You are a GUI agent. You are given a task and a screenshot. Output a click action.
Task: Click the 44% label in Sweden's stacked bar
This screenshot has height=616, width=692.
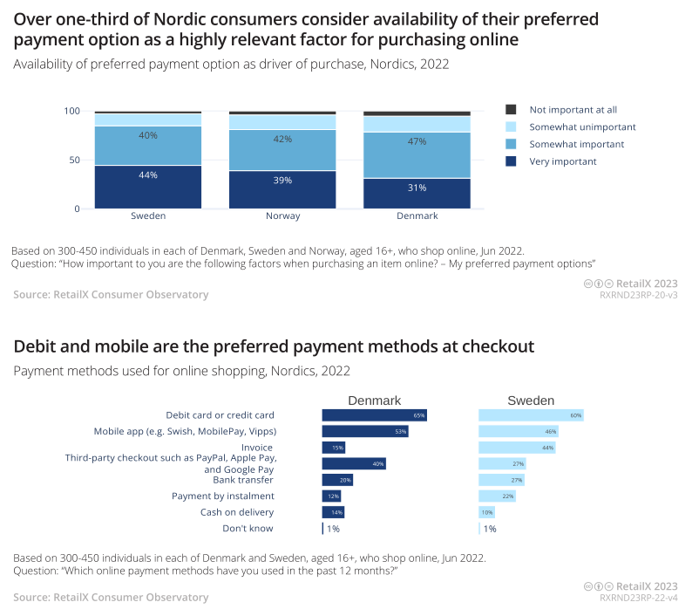148,175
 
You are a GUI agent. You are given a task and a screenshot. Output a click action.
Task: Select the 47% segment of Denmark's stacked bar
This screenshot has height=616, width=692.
417,141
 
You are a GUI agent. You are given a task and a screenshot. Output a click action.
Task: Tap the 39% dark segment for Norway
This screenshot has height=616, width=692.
282,180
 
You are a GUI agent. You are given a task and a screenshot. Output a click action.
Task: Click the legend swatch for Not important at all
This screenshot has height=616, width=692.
512,110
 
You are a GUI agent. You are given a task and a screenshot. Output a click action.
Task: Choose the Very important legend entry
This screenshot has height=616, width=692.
562,161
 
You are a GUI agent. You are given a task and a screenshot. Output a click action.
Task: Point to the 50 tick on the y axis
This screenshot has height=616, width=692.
77,160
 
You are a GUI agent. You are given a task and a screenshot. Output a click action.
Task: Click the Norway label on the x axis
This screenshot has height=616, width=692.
282,216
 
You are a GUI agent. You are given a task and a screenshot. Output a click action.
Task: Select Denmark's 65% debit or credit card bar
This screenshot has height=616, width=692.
374,415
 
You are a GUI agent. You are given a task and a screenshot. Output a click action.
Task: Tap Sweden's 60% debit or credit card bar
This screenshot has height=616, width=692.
530,415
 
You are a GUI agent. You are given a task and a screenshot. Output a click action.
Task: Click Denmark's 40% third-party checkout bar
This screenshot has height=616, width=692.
354,463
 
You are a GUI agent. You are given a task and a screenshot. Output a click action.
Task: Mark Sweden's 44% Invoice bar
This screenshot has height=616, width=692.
517,448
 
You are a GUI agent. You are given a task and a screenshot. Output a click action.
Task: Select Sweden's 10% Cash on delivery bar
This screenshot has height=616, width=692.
486,512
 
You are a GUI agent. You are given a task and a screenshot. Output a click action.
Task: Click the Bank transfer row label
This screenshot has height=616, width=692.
243,480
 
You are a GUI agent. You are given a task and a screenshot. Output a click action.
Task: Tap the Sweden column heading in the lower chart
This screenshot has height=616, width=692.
531,400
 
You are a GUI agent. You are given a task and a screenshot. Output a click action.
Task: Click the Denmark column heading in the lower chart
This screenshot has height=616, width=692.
375,400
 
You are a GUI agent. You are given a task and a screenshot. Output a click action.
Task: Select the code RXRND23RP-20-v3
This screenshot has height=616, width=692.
638,296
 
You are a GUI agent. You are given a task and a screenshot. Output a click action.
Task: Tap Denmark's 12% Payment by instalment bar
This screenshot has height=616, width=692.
331,496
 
